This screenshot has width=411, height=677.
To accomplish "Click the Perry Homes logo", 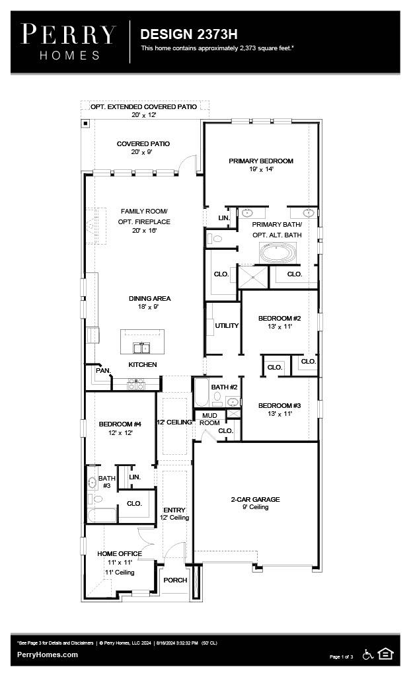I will click(x=68, y=41).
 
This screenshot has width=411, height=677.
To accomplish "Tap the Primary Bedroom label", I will click(x=261, y=161).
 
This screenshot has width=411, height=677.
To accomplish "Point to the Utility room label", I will click(x=227, y=325).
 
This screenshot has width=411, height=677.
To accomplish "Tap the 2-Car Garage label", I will click(x=255, y=499).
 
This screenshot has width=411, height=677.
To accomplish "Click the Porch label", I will click(x=175, y=580).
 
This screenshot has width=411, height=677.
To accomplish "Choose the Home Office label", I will click(x=119, y=553).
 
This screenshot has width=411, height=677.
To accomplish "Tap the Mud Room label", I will click(x=209, y=419).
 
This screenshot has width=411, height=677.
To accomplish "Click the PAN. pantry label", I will click(x=103, y=371).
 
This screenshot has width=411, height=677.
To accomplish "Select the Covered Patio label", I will click(x=143, y=143).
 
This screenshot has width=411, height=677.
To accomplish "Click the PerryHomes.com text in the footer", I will click(x=48, y=655).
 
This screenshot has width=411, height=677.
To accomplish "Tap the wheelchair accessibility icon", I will click(x=368, y=654).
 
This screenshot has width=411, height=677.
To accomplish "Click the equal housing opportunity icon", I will click(x=386, y=654).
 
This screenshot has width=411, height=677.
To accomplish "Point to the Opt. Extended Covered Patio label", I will click(x=144, y=106).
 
